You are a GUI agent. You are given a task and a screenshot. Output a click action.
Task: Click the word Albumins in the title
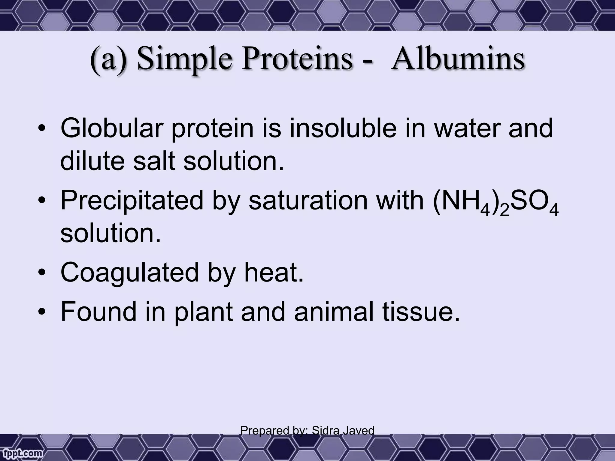pyautogui.click(x=458, y=59)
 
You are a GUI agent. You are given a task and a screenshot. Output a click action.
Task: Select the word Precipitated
pyautogui.click(x=132, y=200)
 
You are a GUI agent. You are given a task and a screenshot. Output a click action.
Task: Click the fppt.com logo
pyautogui.click(x=22, y=453)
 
